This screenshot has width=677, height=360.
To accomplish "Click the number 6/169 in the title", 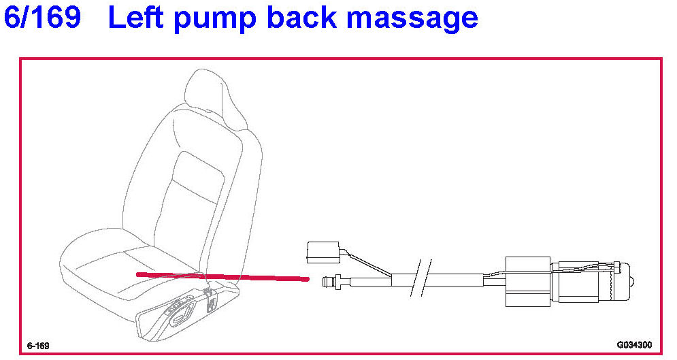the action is [42, 17].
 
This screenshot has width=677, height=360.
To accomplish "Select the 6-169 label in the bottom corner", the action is [38, 346].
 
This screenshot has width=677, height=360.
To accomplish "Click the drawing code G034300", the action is [634, 345].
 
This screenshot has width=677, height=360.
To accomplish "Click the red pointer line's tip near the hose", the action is [308, 279].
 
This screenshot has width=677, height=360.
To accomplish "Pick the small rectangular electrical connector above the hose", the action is [323, 252].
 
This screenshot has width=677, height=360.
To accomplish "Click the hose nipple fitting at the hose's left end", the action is [333, 282].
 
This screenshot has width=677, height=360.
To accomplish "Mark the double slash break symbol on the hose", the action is [421, 278].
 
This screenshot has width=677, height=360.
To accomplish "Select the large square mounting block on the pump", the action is [527, 282].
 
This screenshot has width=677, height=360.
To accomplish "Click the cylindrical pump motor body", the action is [587, 282].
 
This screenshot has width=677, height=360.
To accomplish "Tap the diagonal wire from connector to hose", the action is [367, 264].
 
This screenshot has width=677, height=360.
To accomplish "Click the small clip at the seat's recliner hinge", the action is [212, 303].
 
